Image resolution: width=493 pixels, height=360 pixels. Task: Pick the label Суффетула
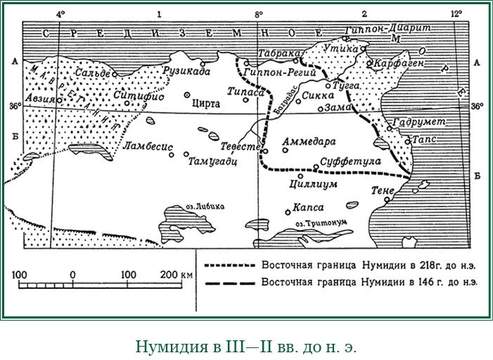[350, 161]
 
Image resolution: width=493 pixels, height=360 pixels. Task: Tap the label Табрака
[275, 53]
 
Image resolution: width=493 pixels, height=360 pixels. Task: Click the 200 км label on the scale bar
[177, 273]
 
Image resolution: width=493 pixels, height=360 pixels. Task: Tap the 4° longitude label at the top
[59, 13]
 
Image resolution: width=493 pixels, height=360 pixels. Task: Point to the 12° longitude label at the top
[455, 13]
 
